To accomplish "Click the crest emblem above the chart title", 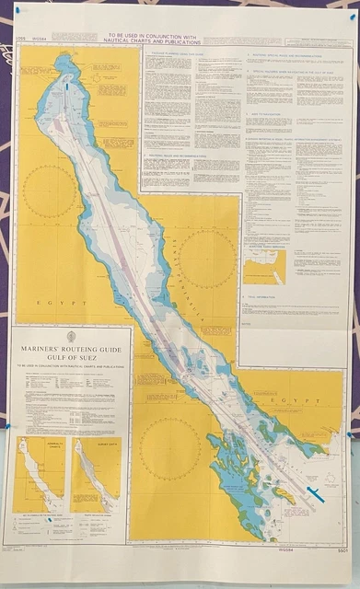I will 71,337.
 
